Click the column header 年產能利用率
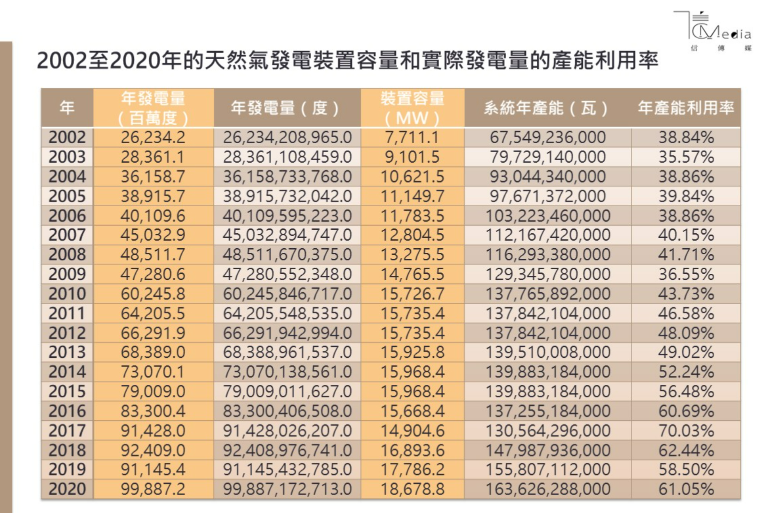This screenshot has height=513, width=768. click(685, 108)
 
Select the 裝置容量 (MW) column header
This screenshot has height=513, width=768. click(412, 108)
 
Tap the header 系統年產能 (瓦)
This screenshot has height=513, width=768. click(547, 108)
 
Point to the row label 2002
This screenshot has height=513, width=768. click(67, 137)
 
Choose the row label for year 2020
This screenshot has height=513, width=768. click(67, 489)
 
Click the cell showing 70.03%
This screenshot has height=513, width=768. click(685, 430)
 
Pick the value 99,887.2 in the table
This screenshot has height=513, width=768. click(153, 489)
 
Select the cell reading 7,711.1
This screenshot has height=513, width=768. click(412, 137)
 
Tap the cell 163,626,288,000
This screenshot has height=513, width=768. click(547, 489)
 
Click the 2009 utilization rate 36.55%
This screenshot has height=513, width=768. click(685, 274)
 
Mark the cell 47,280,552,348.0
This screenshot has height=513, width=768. click(287, 274)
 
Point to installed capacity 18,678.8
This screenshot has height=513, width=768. click(412, 489)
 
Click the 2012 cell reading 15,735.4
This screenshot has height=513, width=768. click(412, 333)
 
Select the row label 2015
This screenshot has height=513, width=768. click(67, 391)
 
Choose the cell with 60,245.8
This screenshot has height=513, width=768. click(153, 294)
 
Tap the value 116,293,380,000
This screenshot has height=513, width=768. click(547, 255)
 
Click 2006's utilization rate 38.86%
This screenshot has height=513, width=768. click(685, 216)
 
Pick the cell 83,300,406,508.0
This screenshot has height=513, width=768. click(287, 411)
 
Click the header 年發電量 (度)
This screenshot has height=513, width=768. click(287, 108)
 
